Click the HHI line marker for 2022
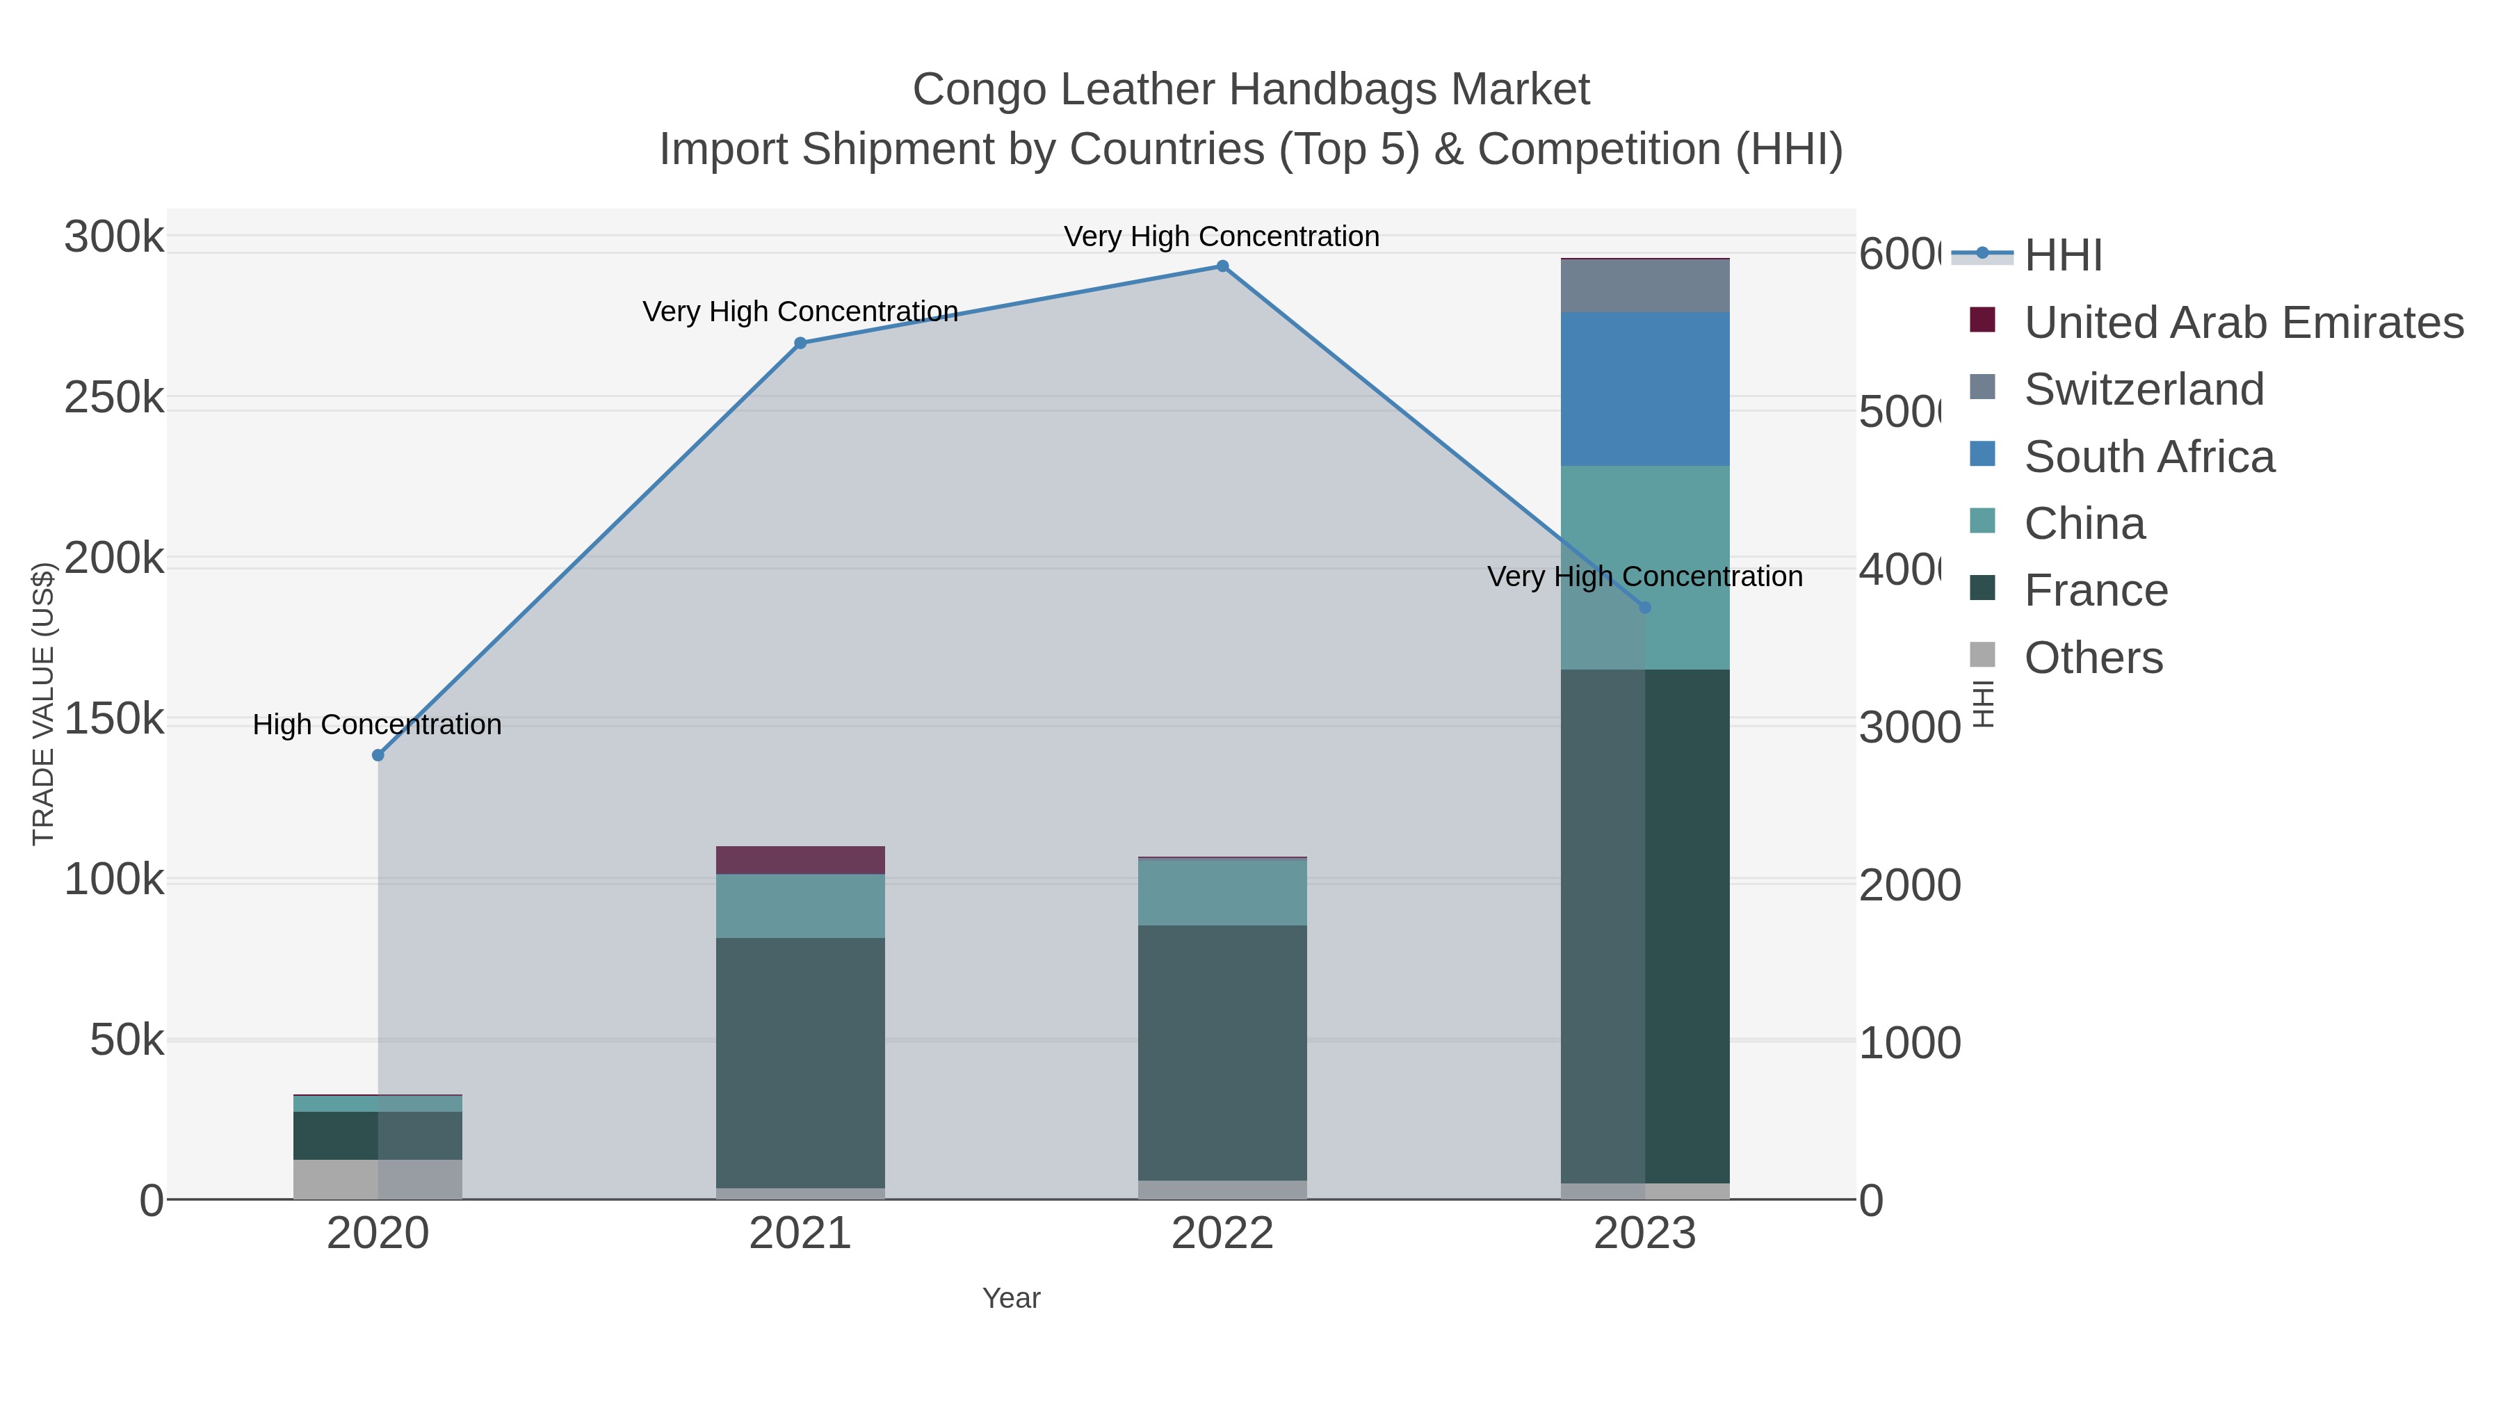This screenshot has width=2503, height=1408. (1222, 266)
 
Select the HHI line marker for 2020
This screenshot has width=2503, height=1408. (378, 755)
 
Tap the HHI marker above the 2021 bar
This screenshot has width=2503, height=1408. (800, 343)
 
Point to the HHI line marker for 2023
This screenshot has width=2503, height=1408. (1644, 607)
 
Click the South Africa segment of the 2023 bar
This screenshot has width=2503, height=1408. (1644, 389)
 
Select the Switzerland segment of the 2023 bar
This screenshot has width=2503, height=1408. (1644, 286)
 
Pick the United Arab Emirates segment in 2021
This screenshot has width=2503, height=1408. (800, 860)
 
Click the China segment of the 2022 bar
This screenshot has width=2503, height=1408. (1222, 892)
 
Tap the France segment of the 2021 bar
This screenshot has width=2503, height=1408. (800, 1062)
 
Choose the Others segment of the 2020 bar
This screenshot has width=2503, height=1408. (378, 1179)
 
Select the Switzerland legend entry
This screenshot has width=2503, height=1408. (2144, 389)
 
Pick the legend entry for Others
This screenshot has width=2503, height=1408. (2093, 658)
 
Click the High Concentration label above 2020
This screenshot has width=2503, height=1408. (377, 725)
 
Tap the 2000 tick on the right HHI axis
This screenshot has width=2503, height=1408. (1909, 885)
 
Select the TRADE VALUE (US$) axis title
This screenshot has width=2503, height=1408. (44, 704)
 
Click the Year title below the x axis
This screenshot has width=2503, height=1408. (1010, 1298)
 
